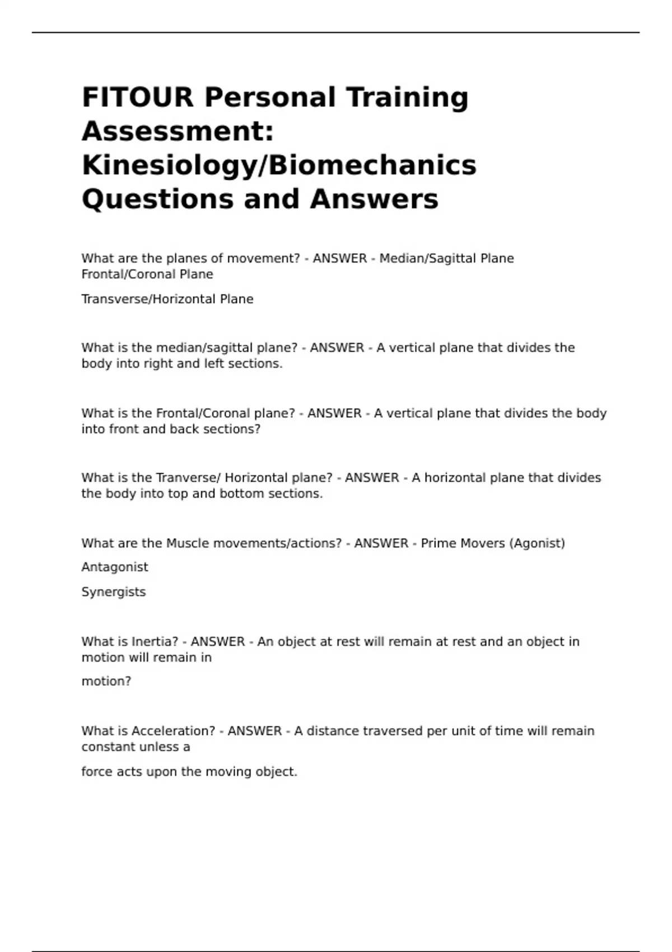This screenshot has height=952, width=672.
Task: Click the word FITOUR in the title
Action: coord(138,97)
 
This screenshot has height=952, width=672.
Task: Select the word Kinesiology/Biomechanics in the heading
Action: coord(279,165)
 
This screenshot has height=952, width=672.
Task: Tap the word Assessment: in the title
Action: coord(178,132)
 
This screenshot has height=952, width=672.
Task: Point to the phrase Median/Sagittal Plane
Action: coord(446,259)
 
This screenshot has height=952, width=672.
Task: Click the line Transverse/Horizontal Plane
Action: coord(167,299)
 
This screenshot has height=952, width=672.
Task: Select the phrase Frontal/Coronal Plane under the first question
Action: coord(147,274)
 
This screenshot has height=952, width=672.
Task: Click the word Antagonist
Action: coord(115,567)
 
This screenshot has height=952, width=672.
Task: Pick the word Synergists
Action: coord(114,592)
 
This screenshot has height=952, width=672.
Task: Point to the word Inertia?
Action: coord(155,642)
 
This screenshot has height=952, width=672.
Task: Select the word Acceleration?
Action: coord(173,731)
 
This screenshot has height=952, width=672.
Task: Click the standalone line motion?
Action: coord(106,682)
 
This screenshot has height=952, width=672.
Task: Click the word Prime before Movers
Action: coord(436,543)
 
